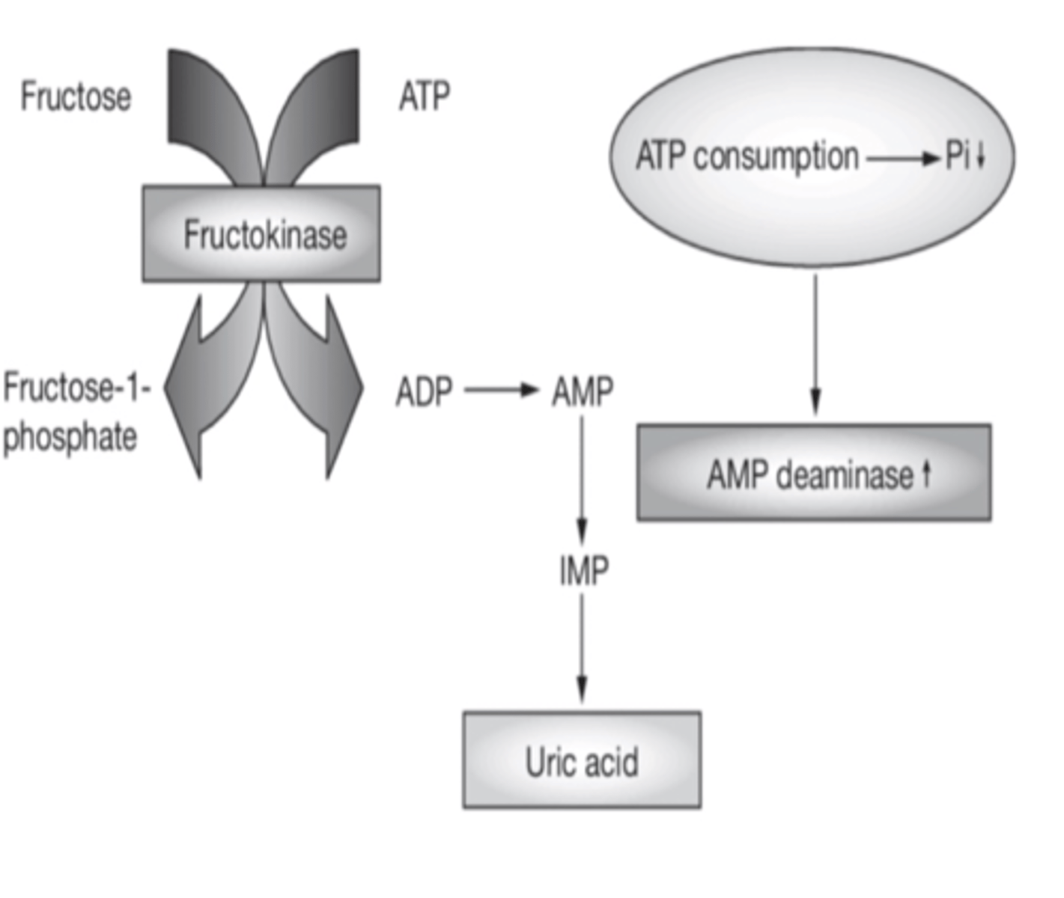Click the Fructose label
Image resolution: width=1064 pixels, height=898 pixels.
point(76,97)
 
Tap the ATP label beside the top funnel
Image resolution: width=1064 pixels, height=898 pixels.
point(425,97)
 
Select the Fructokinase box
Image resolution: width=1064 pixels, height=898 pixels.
point(261,234)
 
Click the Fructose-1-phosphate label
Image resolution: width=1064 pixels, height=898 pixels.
point(74,412)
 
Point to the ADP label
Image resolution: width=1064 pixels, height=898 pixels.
point(424,391)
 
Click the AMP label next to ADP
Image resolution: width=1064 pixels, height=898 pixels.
point(583,391)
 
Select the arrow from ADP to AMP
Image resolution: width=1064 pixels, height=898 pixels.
point(501,390)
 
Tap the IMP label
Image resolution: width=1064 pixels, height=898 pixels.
point(583,571)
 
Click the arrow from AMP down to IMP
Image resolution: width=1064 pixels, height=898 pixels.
point(583,479)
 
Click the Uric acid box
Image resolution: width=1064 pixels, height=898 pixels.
point(582,760)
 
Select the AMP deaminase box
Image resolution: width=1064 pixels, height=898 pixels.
point(814,473)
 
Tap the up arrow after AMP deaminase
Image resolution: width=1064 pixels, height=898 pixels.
point(926,473)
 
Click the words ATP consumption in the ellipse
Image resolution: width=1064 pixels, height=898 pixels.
point(747,157)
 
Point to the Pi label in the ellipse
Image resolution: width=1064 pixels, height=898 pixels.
point(958,156)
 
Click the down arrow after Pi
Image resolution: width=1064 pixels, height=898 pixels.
point(980,156)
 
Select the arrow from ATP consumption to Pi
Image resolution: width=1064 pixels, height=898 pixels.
point(902,158)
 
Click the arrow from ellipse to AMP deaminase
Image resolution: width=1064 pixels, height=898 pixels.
point(815,344)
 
